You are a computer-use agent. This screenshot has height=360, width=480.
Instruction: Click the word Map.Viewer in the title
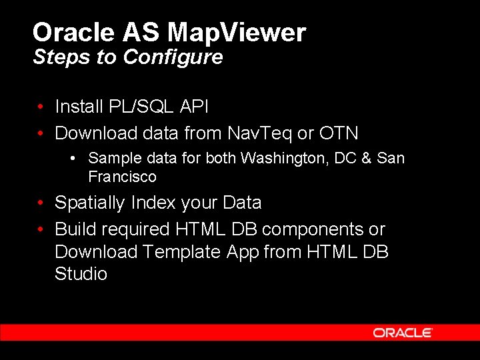tap(237, 32)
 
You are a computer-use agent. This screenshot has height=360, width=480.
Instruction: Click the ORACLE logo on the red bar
tap(403, 333)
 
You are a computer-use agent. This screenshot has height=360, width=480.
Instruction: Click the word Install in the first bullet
tap(79, 107)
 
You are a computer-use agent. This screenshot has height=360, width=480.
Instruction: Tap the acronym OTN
tap(338, 133)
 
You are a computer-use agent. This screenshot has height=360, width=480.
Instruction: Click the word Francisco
tap(122, 177)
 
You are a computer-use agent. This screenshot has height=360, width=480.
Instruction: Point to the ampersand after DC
tap(365, 159)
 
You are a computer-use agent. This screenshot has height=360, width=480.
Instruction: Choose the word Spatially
tap(91, 203)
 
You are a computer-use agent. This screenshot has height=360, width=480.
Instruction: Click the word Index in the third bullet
tap(155, 203)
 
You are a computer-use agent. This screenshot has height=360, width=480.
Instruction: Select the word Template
tap(183, 252)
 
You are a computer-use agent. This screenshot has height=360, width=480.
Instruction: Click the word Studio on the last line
tap(81, 274)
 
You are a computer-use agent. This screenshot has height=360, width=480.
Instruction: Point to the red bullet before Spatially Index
tap(41, 203)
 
